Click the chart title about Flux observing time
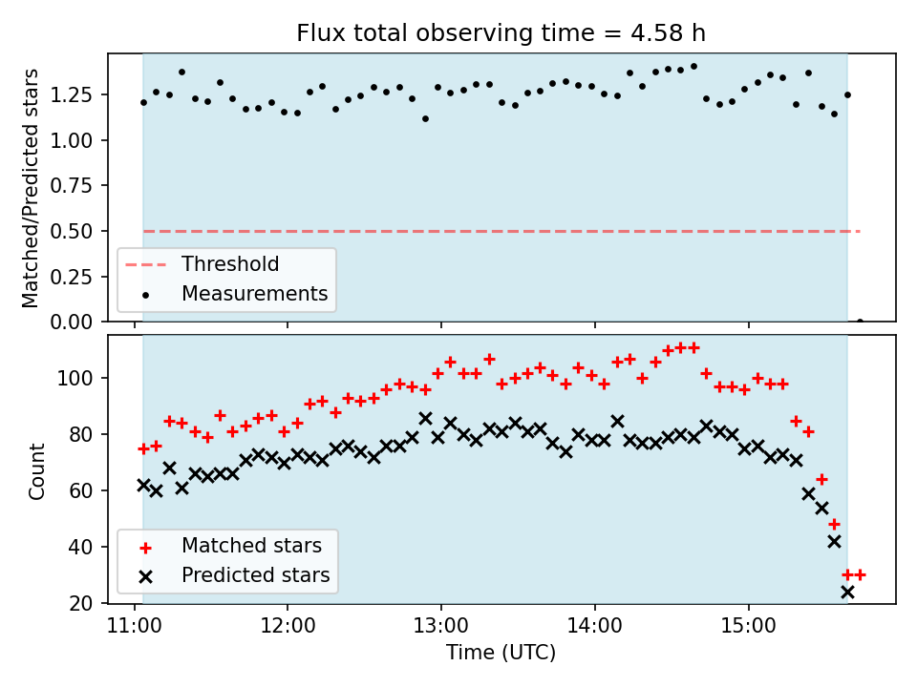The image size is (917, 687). pyautogui.click(x=501, y=33)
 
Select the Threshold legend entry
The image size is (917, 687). pyautogui.click(x=230, y=264)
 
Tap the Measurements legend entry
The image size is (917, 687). pyautogui.click(x=254, y=294)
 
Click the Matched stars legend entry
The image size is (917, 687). pyautogui.click(x=251, y=546)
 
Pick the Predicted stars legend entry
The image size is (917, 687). pyautogui.click(x=255, y=575)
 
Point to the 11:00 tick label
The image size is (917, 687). pyautogui.click(x=134, y=628)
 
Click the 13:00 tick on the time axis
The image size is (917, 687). pyautogui.click(x=440, y=628)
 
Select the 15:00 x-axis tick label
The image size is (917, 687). pyautogui.click(x=748, y=628)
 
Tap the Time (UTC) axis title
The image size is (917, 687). pyautogui.click(x=501, y=654)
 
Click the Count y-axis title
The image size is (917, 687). pyautogui.click(x=37, y=471)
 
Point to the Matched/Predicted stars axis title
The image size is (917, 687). pyautogui.click(x=32, y=188)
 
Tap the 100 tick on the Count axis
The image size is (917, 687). pyautogui.click(x=85, y=379)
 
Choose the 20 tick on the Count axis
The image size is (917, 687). pyautogui.click(x=90, y=603)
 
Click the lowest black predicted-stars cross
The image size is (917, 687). pyautogui.click(x=847, y=592)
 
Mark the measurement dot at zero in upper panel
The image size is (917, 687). pyautogui.click(x=860, y=322)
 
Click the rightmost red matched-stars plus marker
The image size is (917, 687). pyautogui.click(x=860, y=574)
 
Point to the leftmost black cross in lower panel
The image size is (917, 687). pyautogui.click(x=143, y=485)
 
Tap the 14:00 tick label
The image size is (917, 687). pyautogui.click(x=594, y=628)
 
